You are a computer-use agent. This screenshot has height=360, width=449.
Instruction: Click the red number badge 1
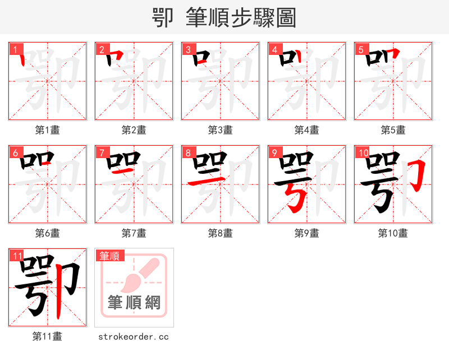click(x=15, y=49)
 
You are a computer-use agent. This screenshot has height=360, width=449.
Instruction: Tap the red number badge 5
click(x=360, y=49)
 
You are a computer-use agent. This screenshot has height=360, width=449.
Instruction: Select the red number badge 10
click(x=362, y=153)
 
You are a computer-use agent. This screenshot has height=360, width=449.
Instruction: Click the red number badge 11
click(x=17, y=256)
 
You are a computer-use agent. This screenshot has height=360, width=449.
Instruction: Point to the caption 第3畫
click(x=220, y=130)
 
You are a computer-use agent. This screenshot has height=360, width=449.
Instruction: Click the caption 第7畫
click(x=134, y=233)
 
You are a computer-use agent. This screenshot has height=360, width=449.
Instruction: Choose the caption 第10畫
click(x=393, y=233)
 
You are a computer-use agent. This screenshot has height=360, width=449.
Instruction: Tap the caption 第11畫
click(x=48, y=336)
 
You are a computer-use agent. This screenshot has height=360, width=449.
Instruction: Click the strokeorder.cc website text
click(x=134, y=336)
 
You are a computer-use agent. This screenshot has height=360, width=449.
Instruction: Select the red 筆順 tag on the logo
click(x=109, y=256)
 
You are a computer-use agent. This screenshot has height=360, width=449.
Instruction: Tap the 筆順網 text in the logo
click(x=134, y=303)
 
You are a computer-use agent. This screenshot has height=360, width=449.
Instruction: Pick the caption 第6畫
click(x=48, y=233)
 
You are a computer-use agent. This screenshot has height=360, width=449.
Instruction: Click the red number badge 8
click(x=187, y=153)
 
